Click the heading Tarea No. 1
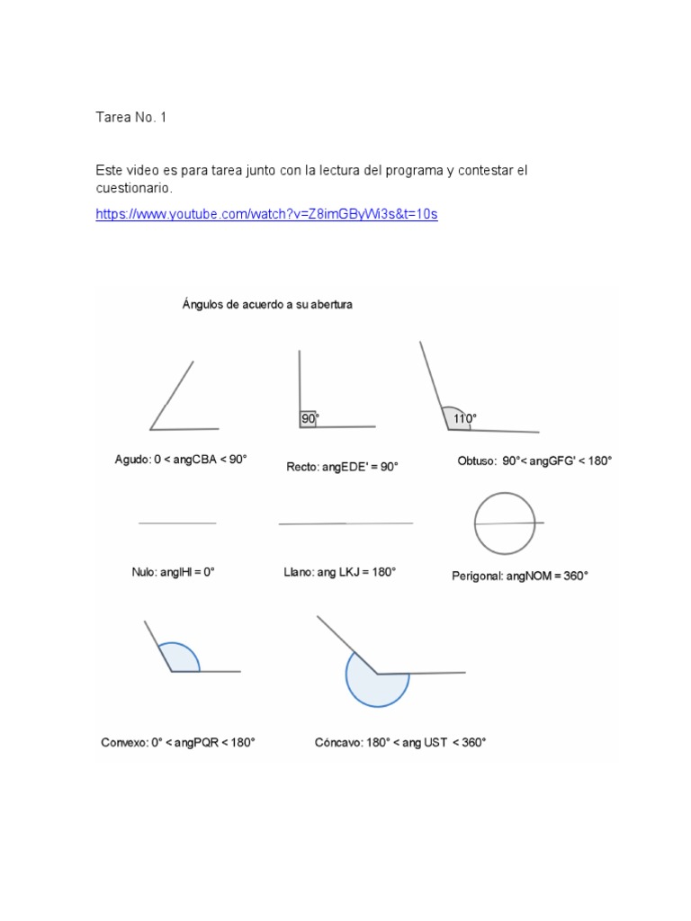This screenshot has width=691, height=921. coord(131,118)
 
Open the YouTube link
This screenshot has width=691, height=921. coord(266,215)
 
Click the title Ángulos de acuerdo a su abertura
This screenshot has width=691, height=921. coord(268,304)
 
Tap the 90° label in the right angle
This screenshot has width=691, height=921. coord(310,418)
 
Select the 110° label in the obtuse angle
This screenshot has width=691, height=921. coord(464,418)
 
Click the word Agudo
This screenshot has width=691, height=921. coord(131,459)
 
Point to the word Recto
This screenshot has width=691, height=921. coord(301,467)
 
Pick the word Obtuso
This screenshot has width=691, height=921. coord(477,460)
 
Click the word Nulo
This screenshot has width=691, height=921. coord(143,571)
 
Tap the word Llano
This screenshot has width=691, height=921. coord(298,571)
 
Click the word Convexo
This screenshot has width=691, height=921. coord(123,742)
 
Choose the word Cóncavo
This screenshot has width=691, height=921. coord(338,742)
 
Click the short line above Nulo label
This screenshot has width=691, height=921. coord(177,523)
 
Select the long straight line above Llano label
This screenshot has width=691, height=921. coord(345,523)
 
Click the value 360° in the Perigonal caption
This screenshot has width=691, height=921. coord(572,576)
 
